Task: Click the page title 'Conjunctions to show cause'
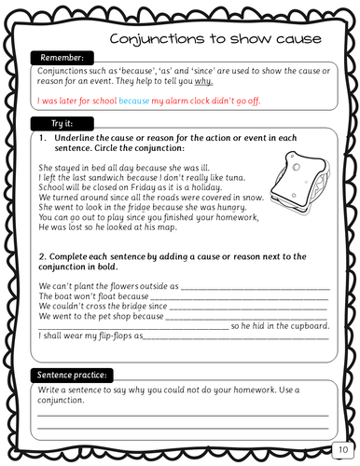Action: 215,38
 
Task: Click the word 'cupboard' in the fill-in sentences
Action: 309,325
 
